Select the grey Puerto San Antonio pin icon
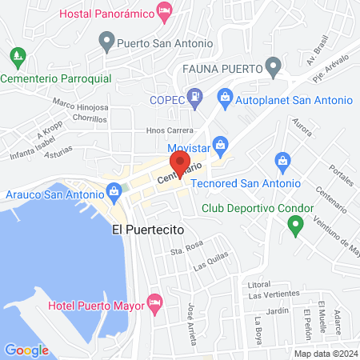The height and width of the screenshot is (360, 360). click(x=106, y=40)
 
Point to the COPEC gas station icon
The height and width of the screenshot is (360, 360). click(x=194, y=100)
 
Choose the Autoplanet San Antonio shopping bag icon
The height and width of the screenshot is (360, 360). click(x=225, y=100)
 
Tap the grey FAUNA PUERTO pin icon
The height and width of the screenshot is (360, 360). click(x=274, y=65)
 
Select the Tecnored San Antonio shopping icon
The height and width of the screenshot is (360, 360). click(x=282, y=161)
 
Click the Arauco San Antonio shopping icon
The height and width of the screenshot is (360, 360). click(x=114, y=192)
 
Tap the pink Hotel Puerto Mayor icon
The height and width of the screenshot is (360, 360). click(x=155, y=305)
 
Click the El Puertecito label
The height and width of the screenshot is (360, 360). click(x=148, y=230)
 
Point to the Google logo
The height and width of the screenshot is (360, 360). click(x=26, y=350)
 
